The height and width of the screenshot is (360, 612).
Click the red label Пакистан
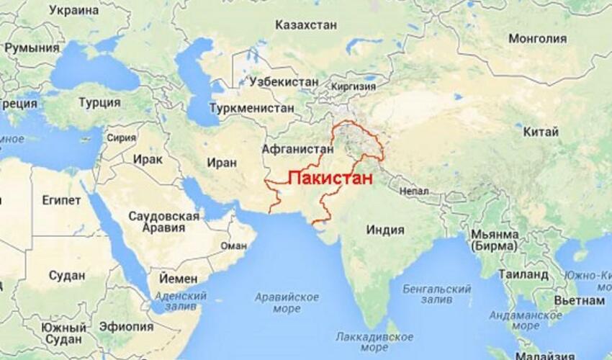[330, 179]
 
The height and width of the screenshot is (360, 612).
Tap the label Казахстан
[306, 25]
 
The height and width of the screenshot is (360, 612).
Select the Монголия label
[538, 39]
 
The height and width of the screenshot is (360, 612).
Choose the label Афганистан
[298, 149]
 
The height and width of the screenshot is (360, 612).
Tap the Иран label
[221, 163]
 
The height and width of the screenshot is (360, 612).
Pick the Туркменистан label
[251, 108]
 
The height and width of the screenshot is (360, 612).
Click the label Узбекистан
[282, 82]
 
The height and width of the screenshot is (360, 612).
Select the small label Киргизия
[353, 86]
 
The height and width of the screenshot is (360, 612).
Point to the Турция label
[99, 102]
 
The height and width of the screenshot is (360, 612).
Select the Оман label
[233, 245]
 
